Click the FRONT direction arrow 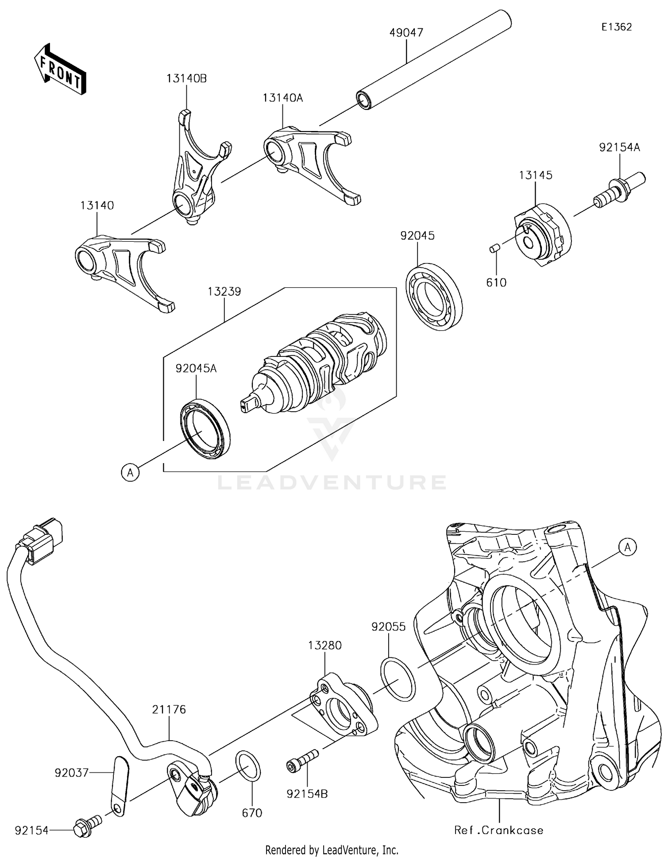coord(60,70)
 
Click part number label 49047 coord(406,33)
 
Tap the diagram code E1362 coord(616,27)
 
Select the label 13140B coord(186,78)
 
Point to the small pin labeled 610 coord(494,249)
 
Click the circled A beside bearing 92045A coord(130,473)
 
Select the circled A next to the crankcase coord(627,548)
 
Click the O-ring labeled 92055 coord(398,680)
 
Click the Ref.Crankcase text coord(498,830)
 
